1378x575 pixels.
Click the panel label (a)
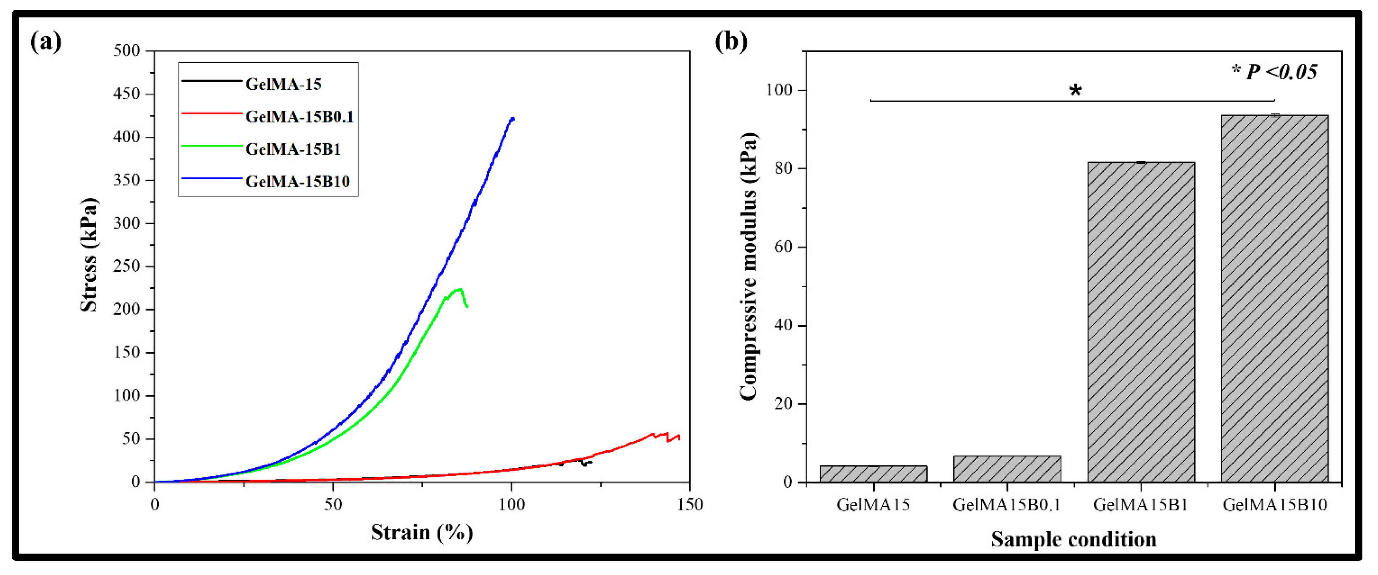coord(46,41)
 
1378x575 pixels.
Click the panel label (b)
coord(731,41)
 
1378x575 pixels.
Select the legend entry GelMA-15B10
coord(297,182)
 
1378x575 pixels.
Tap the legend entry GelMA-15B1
coord(293,149)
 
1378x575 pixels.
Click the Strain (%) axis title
coord(421,532)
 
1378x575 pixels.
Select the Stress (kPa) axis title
coord(89,255)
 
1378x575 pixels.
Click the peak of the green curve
coord(458,290)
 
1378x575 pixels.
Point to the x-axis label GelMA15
coord(873,504)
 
